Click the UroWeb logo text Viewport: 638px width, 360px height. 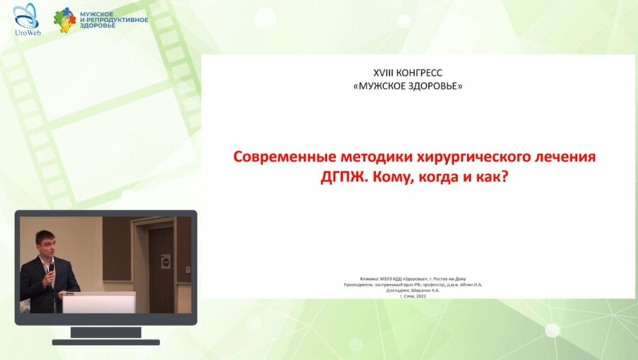tap(26, 33)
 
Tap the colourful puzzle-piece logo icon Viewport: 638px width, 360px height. tap(65, 20)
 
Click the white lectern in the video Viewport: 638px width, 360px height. tap(99, 303)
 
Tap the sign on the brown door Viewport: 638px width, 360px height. tap(165, 261)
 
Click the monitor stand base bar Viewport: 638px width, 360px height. tap(106, 342)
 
